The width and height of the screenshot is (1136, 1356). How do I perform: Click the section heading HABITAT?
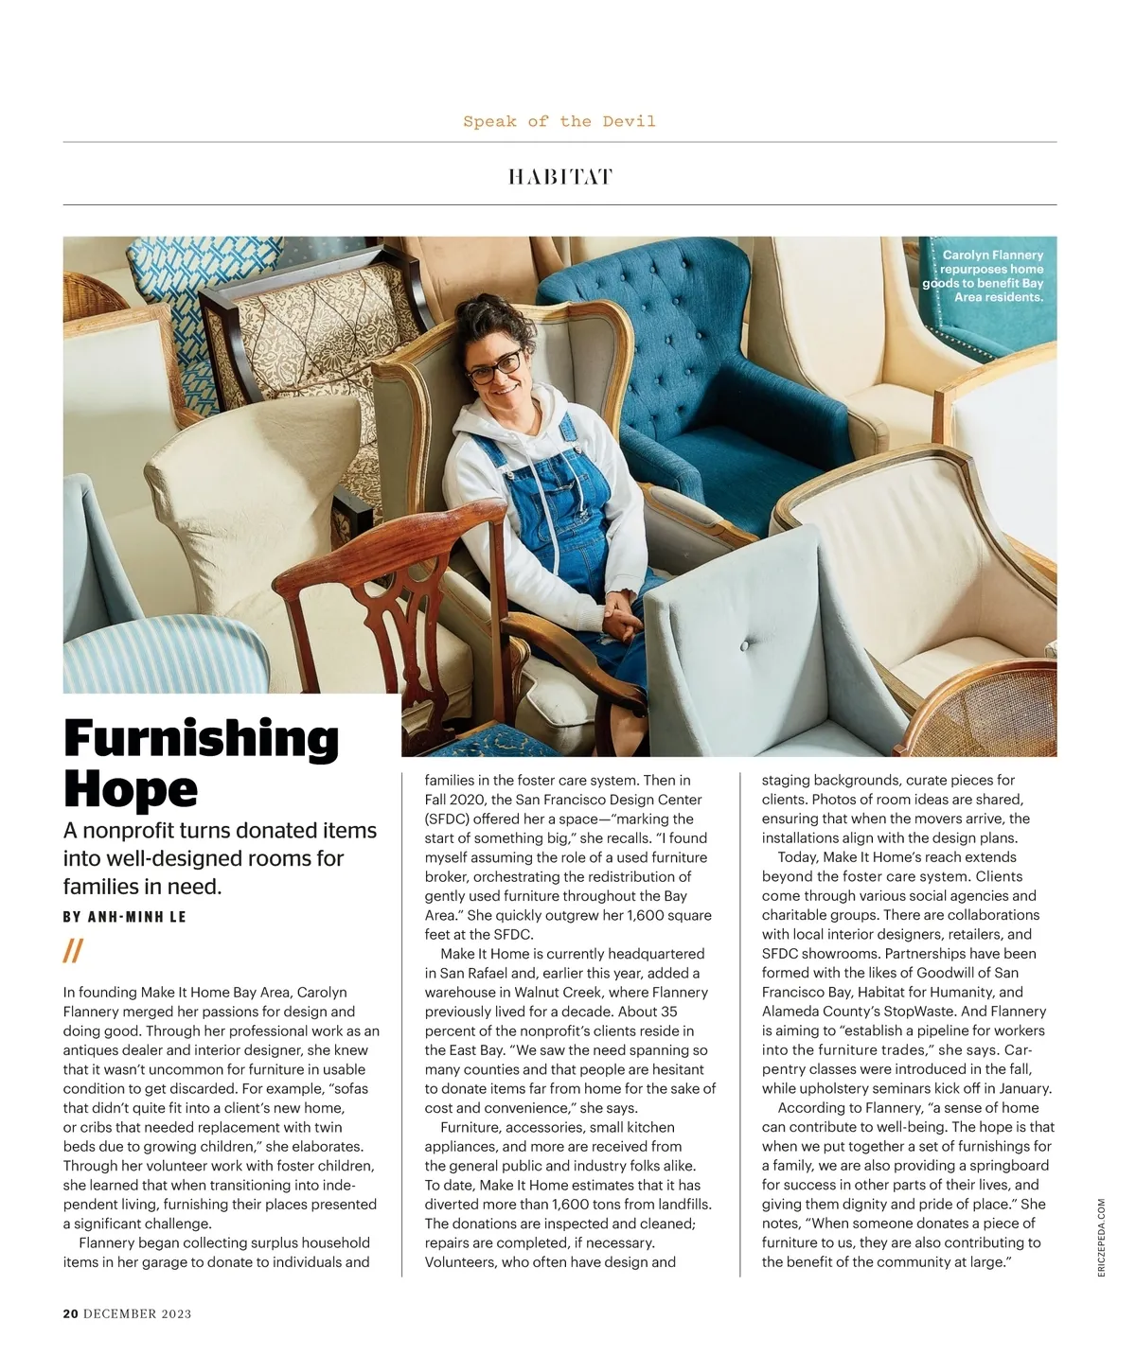(x=559, y=177)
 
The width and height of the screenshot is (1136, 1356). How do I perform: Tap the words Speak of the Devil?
(x=559, y=121)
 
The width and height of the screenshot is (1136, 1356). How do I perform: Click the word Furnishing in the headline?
(x=201, y=739)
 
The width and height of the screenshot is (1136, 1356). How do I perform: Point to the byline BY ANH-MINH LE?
(x=124, y=916)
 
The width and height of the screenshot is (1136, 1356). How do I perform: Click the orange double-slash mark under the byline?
(x=73, y=950)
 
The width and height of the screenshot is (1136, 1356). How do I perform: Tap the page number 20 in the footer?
(x=70, y=1313)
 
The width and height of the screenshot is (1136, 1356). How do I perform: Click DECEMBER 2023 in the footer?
(x=137, y=1313)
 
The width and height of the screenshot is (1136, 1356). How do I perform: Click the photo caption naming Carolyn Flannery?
(x=985, y=275)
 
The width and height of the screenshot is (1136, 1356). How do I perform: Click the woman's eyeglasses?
(x=493, y=365)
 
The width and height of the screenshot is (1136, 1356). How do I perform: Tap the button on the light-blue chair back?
(x=744, y=644)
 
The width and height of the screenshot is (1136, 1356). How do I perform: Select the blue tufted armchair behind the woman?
(x=663, y=341)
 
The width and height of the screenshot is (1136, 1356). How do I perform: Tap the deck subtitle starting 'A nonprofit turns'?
(x=220, y=858)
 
